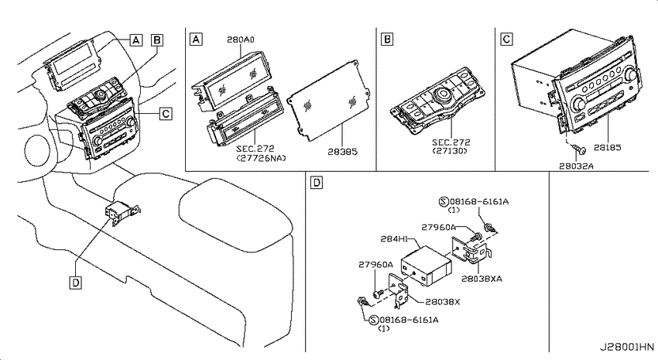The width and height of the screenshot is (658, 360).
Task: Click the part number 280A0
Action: [241, 39]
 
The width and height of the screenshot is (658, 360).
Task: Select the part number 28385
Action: [342, 152]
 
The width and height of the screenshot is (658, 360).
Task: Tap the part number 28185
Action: [607, 147]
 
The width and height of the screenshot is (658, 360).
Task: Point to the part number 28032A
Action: [576, 166]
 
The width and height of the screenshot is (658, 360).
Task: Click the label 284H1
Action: [394, 238]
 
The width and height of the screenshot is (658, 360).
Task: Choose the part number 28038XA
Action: [482, 279]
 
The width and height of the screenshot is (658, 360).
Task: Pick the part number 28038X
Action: [443, 302]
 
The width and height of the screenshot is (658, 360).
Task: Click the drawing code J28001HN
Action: [626, 347]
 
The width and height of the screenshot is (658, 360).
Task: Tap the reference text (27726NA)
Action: [261, 158]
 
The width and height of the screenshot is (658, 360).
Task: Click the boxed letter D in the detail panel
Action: [317, 183]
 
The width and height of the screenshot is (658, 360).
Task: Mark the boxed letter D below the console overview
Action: [76, 283]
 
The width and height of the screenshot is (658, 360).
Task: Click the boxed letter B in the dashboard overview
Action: [157, 40]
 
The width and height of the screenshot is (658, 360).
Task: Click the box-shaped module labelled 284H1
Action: [427, 266]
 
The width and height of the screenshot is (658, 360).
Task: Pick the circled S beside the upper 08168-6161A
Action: [443, 202]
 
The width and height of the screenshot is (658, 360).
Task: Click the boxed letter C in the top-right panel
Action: [506, 39]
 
